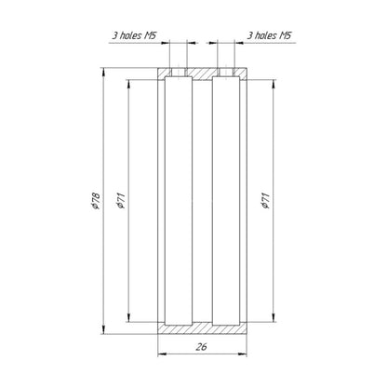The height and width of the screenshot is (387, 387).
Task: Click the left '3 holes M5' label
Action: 134,35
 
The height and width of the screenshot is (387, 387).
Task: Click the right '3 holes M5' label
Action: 269,35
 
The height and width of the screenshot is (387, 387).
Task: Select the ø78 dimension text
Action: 96,201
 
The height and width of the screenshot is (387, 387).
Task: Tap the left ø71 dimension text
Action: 121,200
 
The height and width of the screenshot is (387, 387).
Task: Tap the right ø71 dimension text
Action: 265,200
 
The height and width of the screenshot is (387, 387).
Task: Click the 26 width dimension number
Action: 201,347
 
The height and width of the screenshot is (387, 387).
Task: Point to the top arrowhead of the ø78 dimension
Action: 103,72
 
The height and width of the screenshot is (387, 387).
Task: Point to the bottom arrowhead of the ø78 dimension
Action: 103,329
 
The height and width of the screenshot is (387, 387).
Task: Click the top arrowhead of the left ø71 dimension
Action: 128,85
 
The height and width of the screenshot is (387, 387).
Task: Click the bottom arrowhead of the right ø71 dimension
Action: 274,317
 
